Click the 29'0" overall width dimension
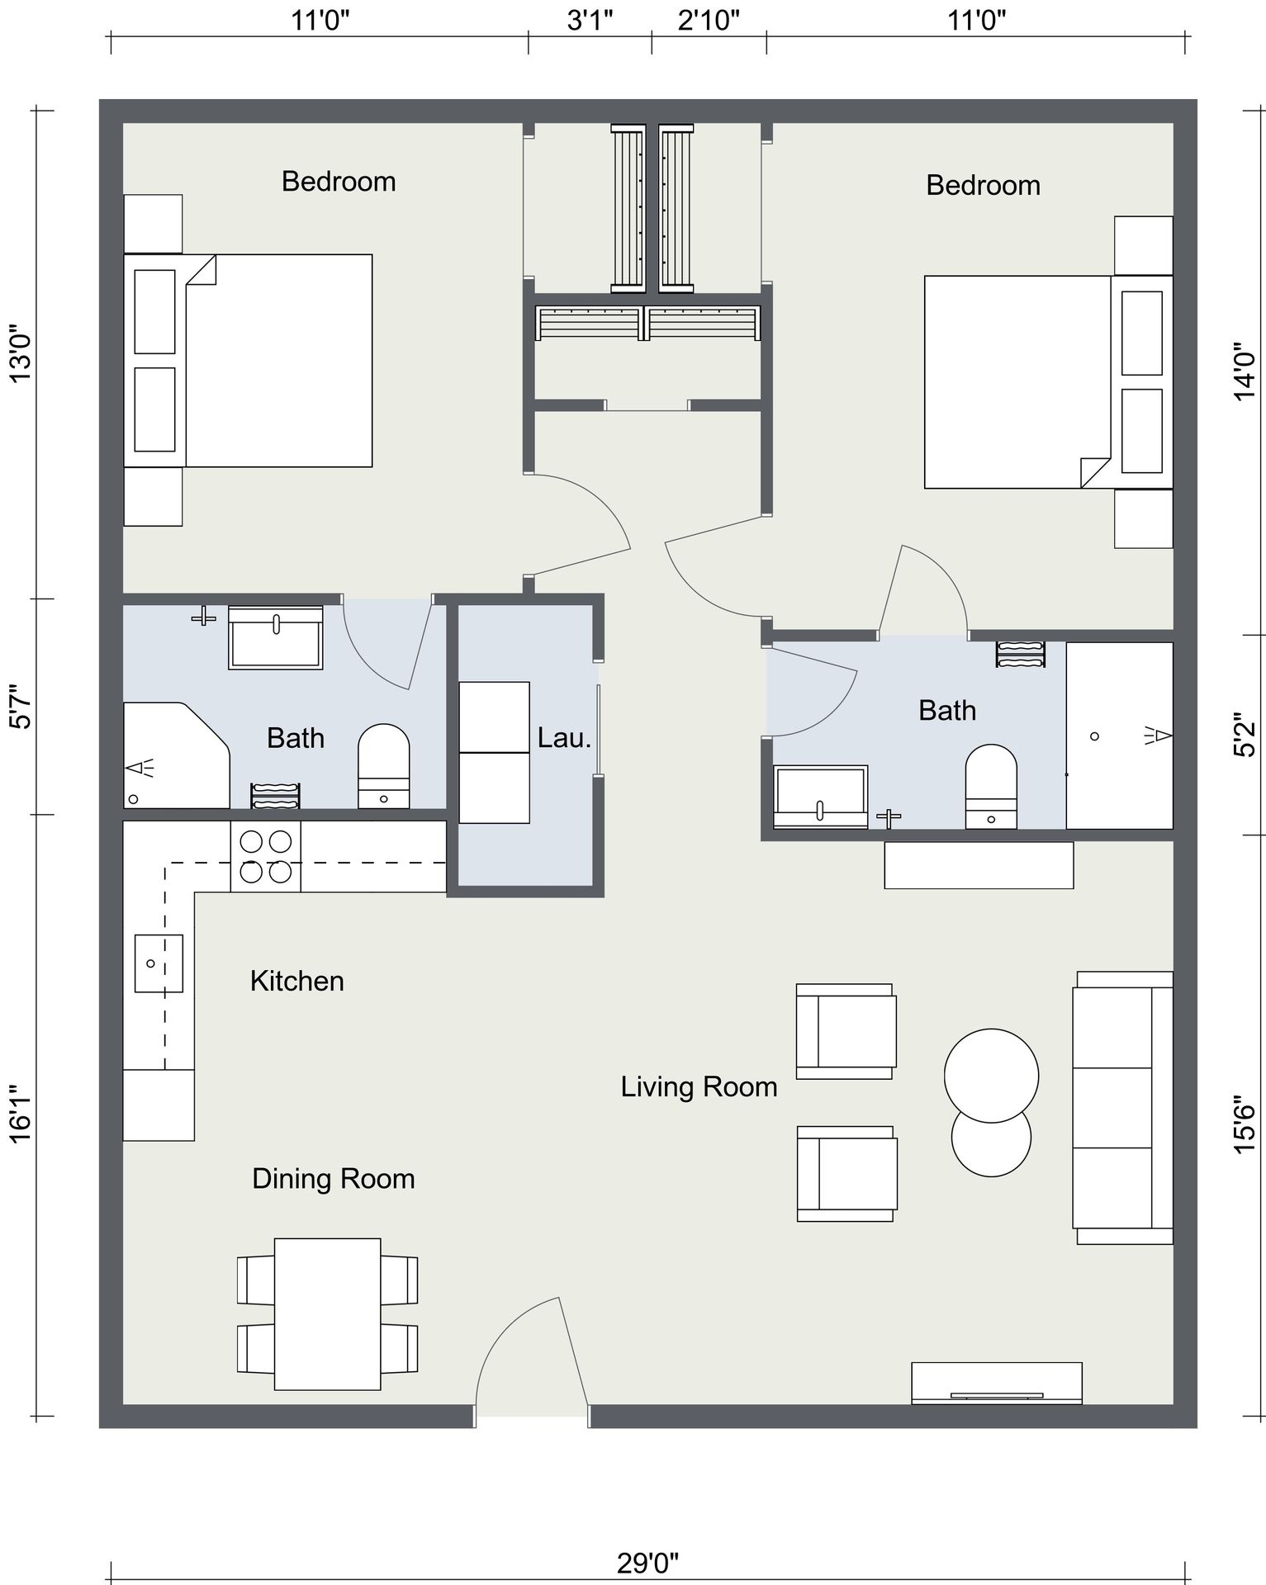[647, 1562]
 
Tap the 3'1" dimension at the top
[590, 20]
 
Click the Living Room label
[699, 1086]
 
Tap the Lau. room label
[564, 737]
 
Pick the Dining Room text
[333, 1178]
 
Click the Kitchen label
[296, 981]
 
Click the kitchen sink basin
[159, 963]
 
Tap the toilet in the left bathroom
[383, 766]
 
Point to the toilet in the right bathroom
[991, 787]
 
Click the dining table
[328, 1314]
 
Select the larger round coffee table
[991, 1076]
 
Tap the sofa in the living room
[1122, 1107]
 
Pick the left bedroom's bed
[248, 361]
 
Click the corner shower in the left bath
[176, 755]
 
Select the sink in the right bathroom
[821, 797]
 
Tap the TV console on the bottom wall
[997, 1383]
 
